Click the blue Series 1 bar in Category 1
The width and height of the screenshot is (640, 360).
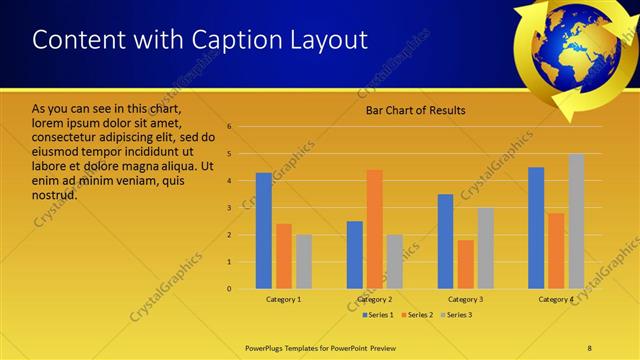point(264,231)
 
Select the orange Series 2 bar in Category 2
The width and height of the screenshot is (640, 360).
point(374,229)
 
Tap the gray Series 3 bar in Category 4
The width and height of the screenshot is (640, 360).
point(576,221)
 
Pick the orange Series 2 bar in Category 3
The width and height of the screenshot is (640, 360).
point(465,264)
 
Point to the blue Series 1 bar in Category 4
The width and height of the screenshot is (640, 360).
point(536,228)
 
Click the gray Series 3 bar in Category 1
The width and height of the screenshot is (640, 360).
point(304,262)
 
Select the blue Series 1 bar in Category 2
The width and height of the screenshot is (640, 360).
point(354,255)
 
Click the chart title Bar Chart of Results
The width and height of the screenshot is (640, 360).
point(415,110)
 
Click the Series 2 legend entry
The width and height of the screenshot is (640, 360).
point(418,315)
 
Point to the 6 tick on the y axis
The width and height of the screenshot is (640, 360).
point(230,127)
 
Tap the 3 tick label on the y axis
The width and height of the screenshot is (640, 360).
point(230,208)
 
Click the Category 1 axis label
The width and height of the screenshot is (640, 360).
point(284,299)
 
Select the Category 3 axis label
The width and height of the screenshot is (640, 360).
point(465,299)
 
